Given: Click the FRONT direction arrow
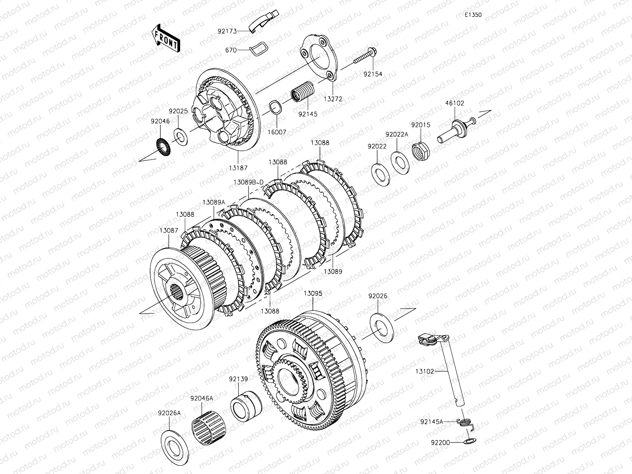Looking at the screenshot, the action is tap(166, 38).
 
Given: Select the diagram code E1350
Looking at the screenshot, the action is tap(473, 15).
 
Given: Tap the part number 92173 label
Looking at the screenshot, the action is tap(227, 31).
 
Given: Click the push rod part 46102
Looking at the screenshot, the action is tap(456, 130).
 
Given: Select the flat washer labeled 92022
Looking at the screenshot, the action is tap(381, 175).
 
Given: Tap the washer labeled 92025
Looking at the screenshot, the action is tap(181, 137).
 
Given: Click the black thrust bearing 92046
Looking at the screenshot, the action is tap(163, 147).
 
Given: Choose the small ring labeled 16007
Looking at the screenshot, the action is tap(275, 107).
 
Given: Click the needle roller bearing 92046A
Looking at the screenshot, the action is tap(209, 428).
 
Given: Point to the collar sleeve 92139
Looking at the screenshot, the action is tap(246, 406).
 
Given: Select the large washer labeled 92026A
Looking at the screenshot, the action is tap(175, 448).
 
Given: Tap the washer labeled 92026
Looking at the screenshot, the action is tap(382, 328).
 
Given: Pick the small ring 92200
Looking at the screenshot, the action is tap(470, 441).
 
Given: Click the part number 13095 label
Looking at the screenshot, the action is tap(313, 293).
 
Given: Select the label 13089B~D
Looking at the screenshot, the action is tap(248, 182).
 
